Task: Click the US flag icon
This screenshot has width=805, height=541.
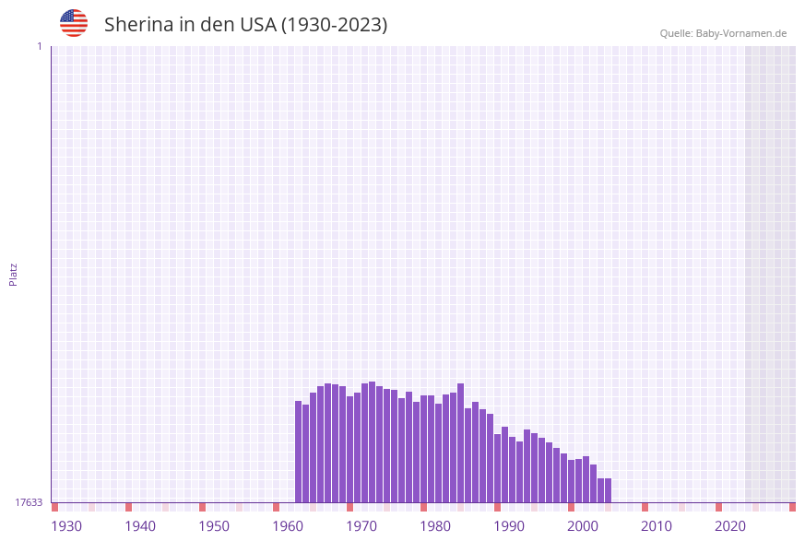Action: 74,23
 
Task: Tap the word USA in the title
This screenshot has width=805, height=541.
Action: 257,25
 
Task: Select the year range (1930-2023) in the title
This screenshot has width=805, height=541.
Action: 334,25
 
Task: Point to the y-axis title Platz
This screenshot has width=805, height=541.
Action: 14,274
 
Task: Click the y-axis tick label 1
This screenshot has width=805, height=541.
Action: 39,46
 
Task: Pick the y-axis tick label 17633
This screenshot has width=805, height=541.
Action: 29,502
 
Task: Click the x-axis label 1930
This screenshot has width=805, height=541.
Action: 66,526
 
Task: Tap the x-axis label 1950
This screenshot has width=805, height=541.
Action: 214,526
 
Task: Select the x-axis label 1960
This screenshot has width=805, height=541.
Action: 288,526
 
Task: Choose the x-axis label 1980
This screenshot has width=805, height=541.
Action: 435,526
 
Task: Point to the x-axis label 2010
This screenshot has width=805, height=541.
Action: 657,526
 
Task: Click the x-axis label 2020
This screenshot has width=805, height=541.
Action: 730,526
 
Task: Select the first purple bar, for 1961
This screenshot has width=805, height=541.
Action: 299,452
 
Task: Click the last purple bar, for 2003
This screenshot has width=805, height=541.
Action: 608,490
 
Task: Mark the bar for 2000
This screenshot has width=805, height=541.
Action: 586,479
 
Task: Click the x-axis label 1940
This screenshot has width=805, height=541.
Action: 140,526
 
